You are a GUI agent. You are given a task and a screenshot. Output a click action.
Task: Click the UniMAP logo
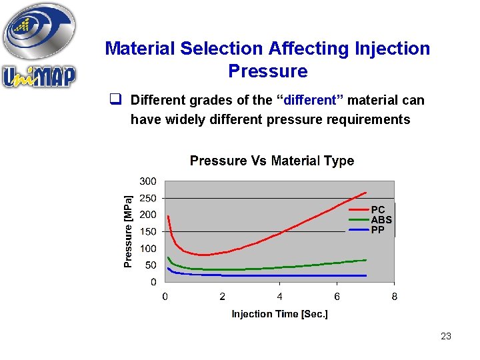39,47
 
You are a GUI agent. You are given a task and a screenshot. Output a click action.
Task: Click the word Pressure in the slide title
267,71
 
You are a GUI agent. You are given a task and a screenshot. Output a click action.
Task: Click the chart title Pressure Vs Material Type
272,161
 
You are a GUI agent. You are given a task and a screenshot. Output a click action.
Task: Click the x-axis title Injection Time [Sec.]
279,313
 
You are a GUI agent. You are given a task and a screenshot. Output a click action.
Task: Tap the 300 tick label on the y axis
148,181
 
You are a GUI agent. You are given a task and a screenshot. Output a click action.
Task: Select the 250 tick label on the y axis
148,198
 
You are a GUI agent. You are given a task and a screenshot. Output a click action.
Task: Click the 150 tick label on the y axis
148,231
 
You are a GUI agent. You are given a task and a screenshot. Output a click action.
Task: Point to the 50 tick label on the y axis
151,265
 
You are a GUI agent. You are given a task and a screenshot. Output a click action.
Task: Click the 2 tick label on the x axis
223,297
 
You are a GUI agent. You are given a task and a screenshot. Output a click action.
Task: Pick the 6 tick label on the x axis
337,297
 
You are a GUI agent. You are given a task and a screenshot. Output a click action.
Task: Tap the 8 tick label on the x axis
394,297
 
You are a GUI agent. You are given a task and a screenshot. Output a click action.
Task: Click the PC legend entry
378,209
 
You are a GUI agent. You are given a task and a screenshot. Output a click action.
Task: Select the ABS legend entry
381,219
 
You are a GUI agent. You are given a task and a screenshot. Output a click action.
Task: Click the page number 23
446,336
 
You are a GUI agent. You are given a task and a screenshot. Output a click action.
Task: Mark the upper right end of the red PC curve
366,193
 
